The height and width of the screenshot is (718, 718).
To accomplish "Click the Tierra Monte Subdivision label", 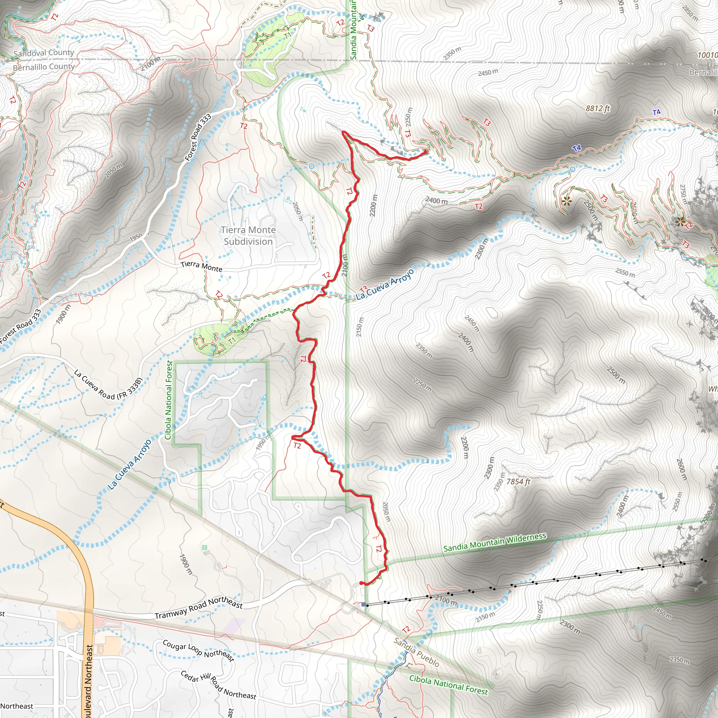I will pos(248,236).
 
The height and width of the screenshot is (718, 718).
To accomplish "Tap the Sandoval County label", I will pos(44,53).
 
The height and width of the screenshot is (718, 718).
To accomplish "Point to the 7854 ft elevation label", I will pos(518,482).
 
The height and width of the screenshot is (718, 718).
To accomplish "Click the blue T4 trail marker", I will pos(577,148).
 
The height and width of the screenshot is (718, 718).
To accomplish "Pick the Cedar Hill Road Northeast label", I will pos(218,685).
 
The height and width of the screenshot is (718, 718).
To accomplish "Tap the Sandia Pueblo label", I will pos(416,652).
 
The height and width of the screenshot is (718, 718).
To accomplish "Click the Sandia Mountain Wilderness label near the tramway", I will pos(495,543).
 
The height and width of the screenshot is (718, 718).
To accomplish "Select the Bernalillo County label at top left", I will pos(44,67).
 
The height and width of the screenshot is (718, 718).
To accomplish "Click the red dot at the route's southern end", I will pos(361,583).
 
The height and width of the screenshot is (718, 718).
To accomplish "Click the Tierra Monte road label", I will pos(202,266).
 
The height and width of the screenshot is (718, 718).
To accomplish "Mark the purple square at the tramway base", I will pos(364,605).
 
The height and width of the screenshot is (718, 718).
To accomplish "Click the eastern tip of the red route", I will pos(426,151).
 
